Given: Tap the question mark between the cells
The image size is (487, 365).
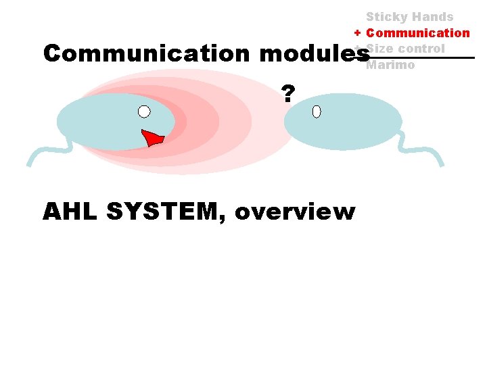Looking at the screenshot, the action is click(x=288, y=94).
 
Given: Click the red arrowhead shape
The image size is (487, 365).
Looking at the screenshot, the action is click(x=154, y=138).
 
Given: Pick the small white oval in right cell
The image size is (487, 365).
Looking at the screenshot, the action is click(x=317, y=112).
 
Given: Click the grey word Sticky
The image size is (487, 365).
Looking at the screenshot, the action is click(x=387, y=16).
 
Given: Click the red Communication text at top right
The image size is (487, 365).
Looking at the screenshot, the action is click(x=418, y=32).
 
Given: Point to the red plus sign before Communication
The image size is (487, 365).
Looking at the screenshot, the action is click(x=357, y=32).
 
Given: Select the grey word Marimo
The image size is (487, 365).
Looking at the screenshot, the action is click(x=390, y=65).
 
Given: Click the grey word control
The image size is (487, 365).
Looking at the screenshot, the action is click(x=421, y=49).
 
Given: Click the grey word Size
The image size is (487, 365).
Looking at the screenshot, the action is click(x=380, y=49).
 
